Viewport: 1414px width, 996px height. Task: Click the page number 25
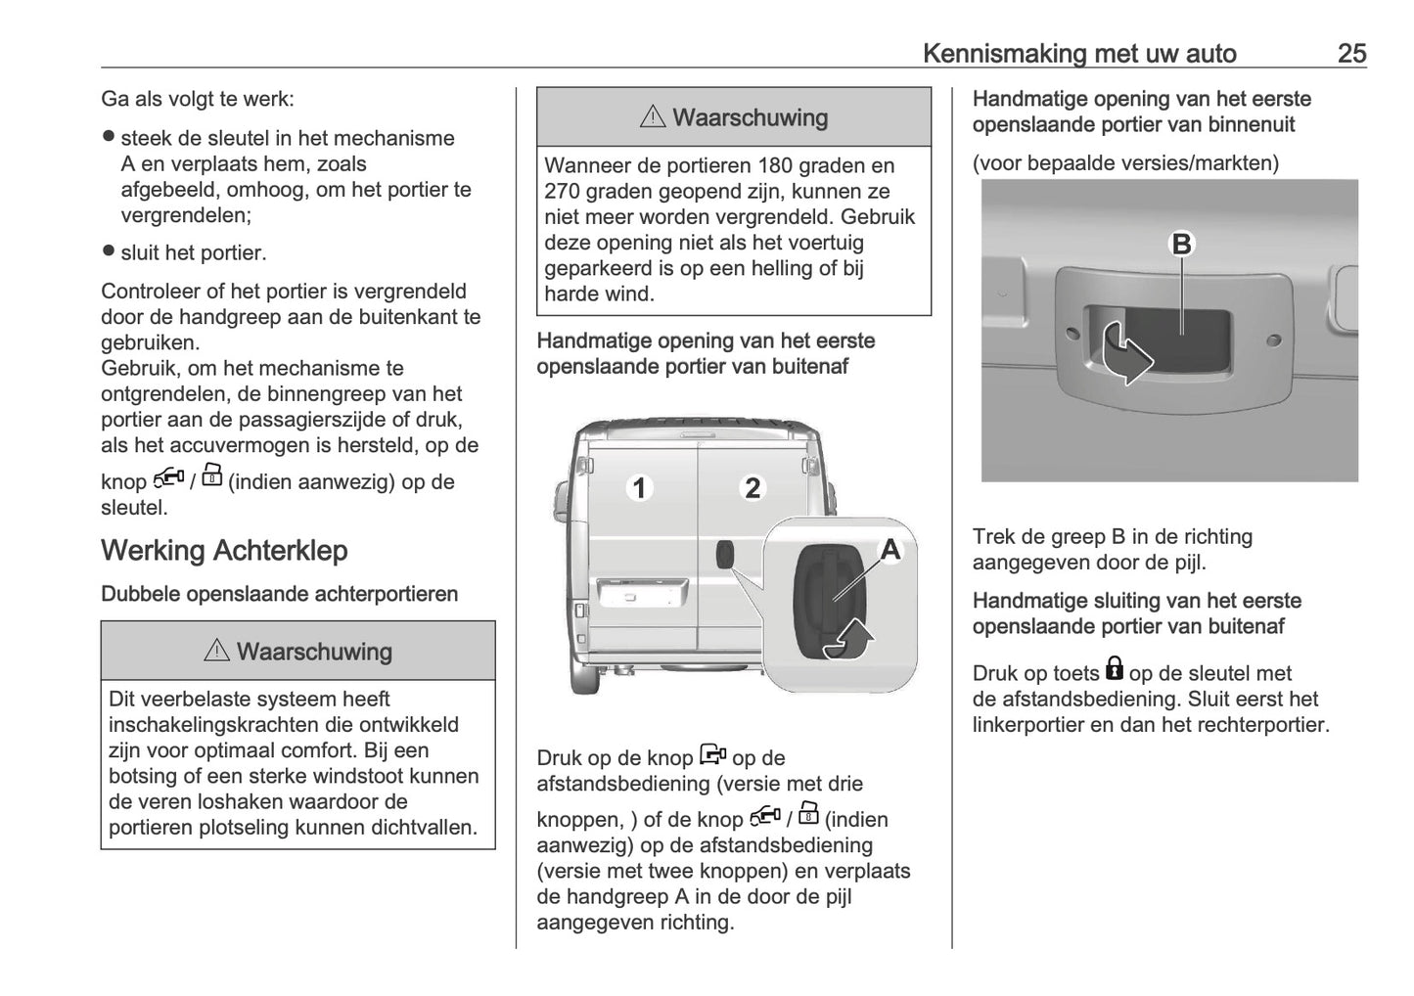pyautogui.click(x=1351, y=53)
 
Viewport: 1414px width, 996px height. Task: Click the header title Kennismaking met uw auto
pyautogui.click(x=1079, y=53)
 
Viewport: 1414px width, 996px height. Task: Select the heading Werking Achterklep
pyautogui.click(x=224, y=550)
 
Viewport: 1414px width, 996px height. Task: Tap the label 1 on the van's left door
pyautogui.click(x=639, y=487)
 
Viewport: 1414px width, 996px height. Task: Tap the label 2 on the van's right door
pyautogui.click(x=752, y=487)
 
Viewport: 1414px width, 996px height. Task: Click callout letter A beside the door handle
pyautogui.click(x=889, y=550)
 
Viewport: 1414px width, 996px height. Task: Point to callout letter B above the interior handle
pyautogui.click(x=1181, y=244)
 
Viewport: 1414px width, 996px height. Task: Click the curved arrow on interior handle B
pyautogui.click(x=1126, y=355)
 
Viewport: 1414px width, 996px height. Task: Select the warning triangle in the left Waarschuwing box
pyautogui.click(x=216, y=651)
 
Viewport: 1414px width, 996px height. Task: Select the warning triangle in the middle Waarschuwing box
pyautogui.click(x=652, y=117)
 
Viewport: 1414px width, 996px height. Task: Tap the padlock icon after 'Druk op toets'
pyautogui.click(x=1114, y=669)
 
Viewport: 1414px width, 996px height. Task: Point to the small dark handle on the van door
pyautogui.click(x=725, y=554)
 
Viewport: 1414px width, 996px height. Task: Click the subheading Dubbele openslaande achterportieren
pyautogui.click(x=279, y=594)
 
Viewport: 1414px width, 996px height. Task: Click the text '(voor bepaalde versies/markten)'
pyautogui.click(x=1125, y=163)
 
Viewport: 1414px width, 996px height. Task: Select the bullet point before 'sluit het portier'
pyautogui.click(x=109, y=251)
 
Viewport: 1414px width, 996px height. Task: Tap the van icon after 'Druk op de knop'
pyautogui.click(x=712, y=755)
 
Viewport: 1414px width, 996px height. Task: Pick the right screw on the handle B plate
pyautogui.click(x=1273, y=341)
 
